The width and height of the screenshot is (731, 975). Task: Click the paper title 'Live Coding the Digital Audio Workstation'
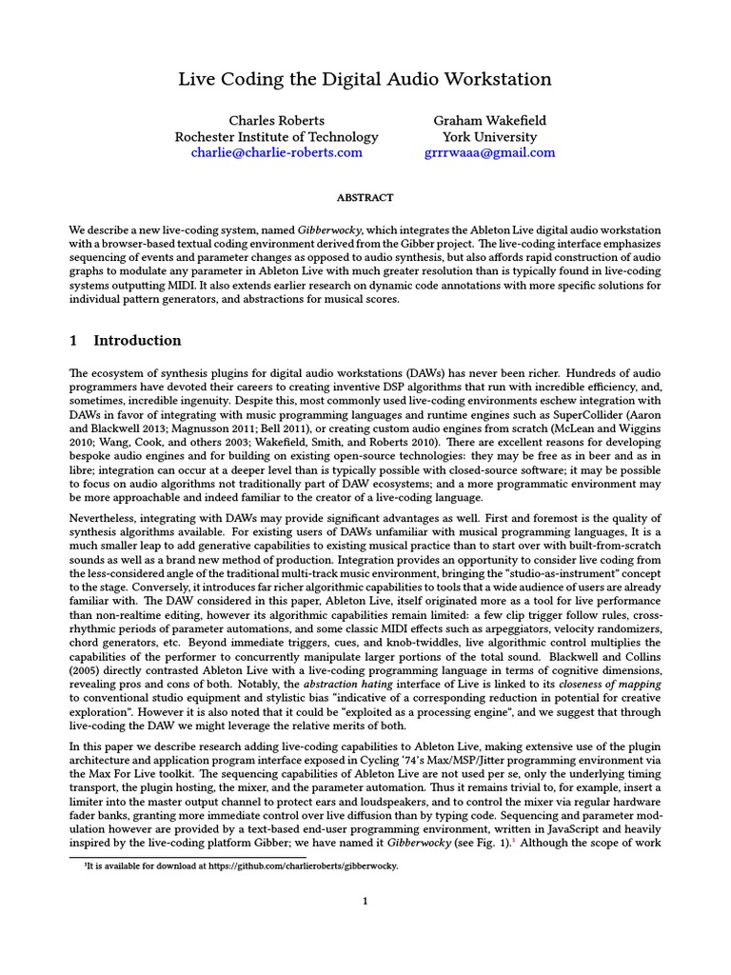pos(365,79)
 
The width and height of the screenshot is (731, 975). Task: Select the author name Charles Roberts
pos(276,121)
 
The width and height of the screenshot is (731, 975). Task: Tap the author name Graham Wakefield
pos(489,121)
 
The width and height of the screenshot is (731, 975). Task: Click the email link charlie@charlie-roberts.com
pos(276,152)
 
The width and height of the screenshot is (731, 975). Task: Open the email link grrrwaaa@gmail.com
pos(489,152)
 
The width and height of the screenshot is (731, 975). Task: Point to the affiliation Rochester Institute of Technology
pos(276,137)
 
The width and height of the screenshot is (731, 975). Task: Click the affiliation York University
pos(489,137)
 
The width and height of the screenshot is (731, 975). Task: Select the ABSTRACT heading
pos(365,198)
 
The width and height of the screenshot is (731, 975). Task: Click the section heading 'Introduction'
pos(137,341)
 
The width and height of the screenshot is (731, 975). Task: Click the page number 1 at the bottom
pos(365,903)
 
